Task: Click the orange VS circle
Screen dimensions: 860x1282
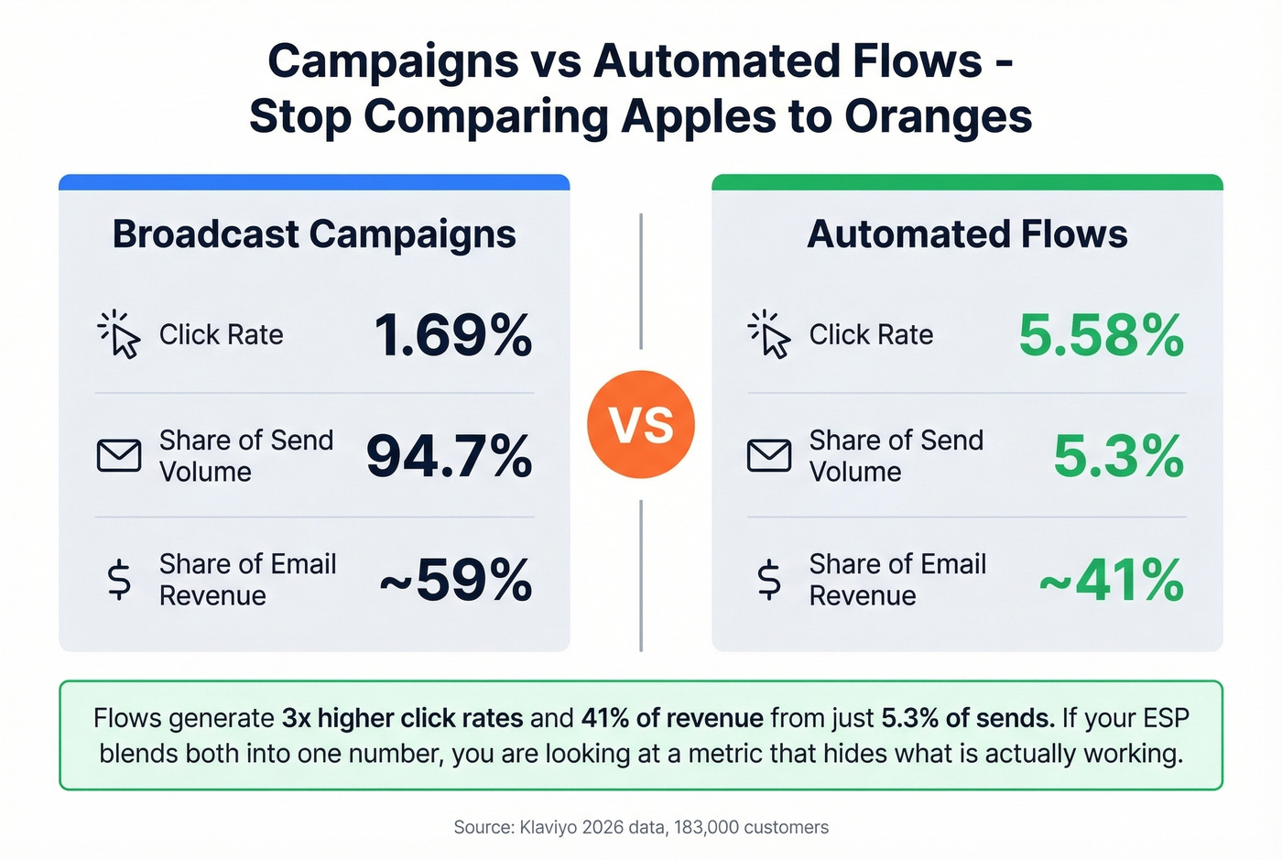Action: [x=641, y=425]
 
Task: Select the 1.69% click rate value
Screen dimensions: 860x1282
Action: [x=453, y=335]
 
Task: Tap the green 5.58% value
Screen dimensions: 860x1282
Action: [x=1101, y=335]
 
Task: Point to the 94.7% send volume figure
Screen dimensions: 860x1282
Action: [x=449, y=456]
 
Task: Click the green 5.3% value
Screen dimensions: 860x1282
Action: [x=1118, y=456]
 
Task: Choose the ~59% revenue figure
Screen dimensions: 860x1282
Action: [x=455, y=580]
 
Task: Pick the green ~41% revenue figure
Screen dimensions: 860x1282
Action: [x=1112, y=580]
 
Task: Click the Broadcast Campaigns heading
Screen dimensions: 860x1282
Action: [x=314, y=234]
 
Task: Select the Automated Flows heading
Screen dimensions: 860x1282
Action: [x=967, y=234]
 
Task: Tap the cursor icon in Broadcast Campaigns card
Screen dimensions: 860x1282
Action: [x=120, y=335]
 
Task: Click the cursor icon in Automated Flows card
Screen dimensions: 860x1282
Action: [x=770, y=335]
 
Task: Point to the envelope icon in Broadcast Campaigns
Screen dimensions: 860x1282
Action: [x=119, y=455]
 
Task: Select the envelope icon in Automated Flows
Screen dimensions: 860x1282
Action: [x=769, y=455]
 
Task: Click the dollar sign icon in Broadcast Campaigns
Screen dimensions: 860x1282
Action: [x=119, y=580]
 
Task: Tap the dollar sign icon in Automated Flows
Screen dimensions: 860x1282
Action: [x=769, y=580]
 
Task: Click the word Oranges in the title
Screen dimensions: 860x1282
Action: [x=938, y=117]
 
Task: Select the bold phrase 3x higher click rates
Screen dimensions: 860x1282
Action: [x=402, y=718]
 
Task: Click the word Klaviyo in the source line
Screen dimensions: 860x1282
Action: [x=549, y=827]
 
